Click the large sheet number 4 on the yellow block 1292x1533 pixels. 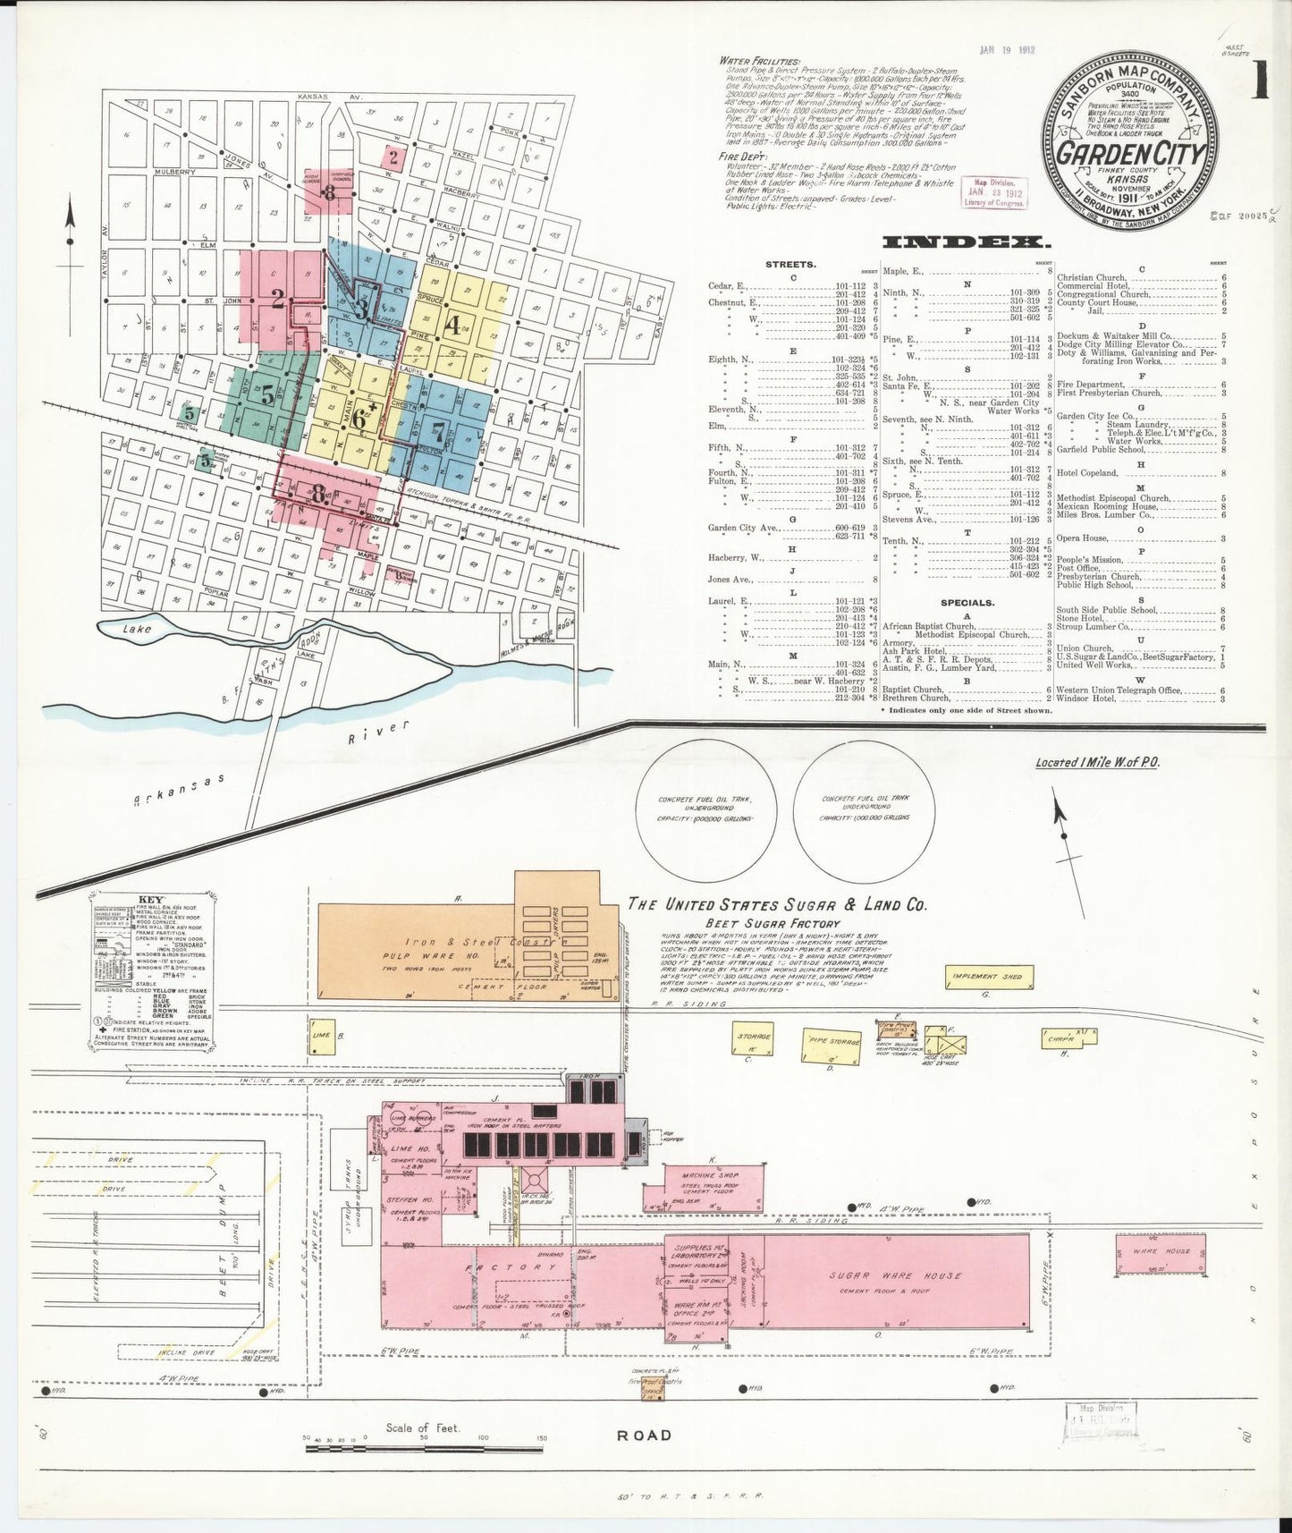(453, 326)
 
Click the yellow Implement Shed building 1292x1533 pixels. (987, 977)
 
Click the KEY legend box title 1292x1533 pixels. (148, 901)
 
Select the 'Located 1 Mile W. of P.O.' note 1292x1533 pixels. (1096, 763)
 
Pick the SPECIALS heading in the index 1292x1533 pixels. (967, 603)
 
